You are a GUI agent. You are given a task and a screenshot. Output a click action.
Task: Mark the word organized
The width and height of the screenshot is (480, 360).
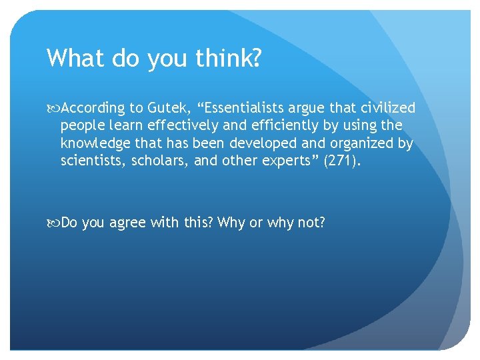point(362,143)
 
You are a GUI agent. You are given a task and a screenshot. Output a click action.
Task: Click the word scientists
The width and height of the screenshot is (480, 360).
point(90,161)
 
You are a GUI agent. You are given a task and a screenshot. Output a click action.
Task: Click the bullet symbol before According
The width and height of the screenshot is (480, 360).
point(53,109)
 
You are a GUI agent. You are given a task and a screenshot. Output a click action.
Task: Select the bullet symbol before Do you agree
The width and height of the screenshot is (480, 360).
point(53,223)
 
